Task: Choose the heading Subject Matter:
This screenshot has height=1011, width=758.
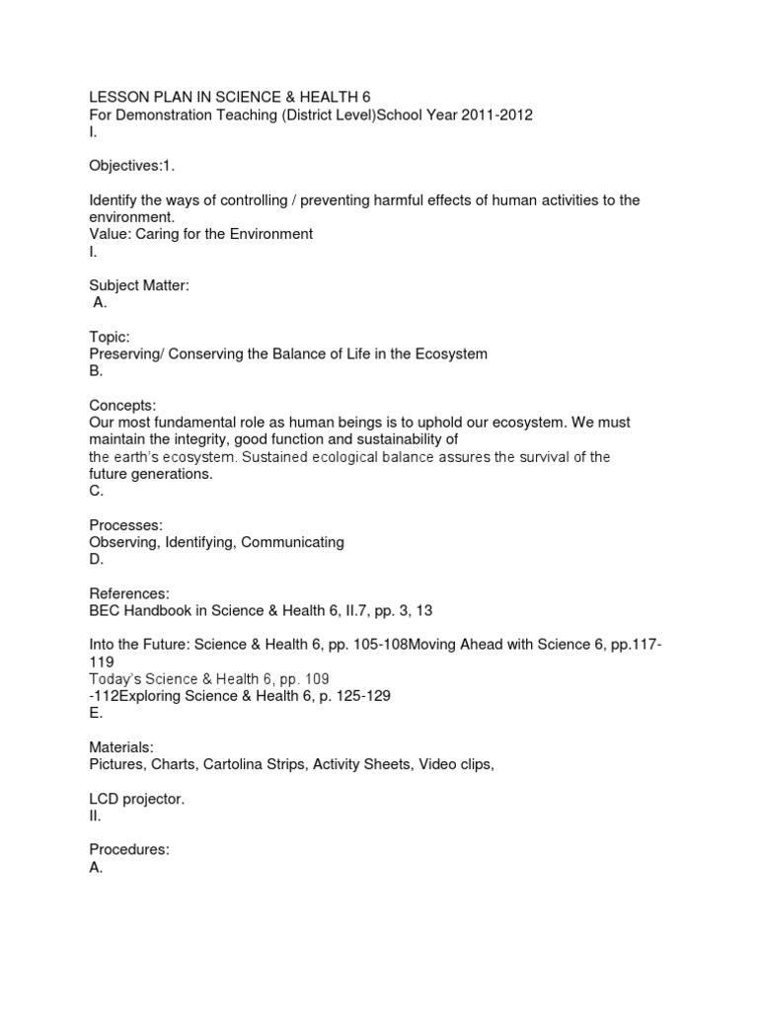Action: coord(138,285)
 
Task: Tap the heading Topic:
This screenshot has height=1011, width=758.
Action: coord(110,337)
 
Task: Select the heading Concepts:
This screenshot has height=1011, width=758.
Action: coord(122,405)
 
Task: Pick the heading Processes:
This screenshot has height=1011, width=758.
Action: coord(126,524)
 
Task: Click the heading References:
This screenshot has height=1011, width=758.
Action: coord(129,593)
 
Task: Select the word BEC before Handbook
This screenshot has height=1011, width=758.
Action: coord(105,611)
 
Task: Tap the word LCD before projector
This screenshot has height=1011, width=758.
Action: coord(105,798)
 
